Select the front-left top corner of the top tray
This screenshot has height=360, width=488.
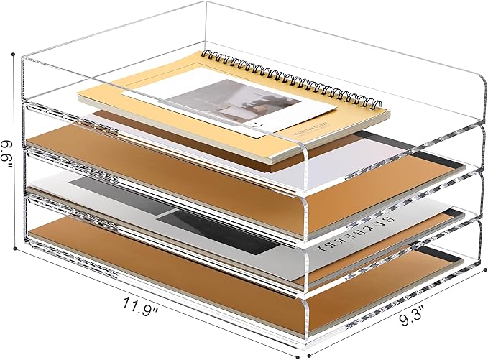pyautogui.click(x=24, y=58)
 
